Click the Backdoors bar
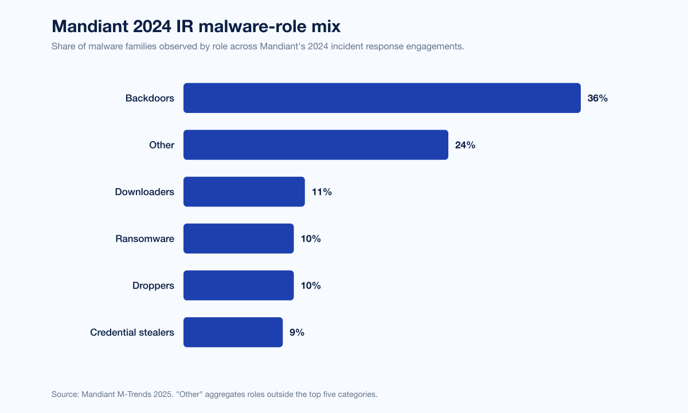coord(382,98)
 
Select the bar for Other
coord(315,145)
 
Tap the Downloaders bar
coord(244,192)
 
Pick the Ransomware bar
coord(239,239)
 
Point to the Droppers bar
coord(239,286)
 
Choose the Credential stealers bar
coord(233,332)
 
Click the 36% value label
coord(597,98)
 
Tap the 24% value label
coord(465,145)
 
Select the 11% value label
coord(322,192)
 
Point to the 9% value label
coord(297,332)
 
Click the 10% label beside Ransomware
coord(311,239)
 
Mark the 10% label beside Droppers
coord(311,286)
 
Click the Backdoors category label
coord(150,98)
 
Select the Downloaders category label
coord(144,192)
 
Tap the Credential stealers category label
coord(132,332)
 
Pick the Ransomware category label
coord(144,239)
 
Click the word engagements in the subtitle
coord(435,46)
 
